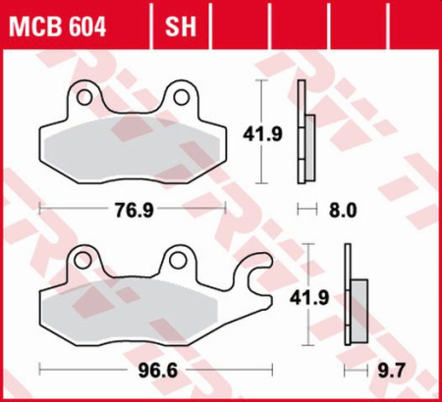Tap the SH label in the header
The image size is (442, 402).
pos(179,22)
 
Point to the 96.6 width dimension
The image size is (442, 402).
pos(147,371)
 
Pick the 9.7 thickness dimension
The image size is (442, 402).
pos(389,371)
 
